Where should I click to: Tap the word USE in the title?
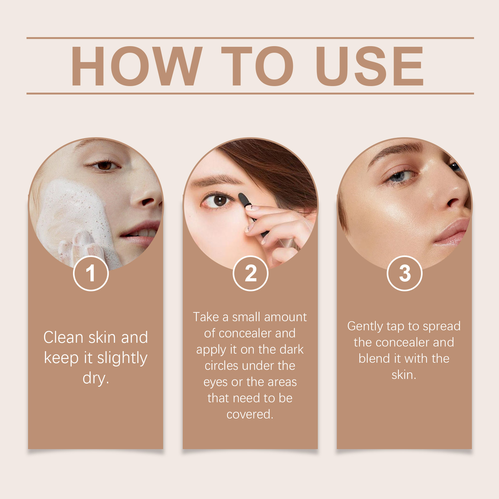pos(370,66)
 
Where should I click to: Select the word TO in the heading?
pos(257,66)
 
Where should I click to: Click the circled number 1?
pos(91,273)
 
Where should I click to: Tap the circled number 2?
pos(250,273)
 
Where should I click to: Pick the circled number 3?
pos(405,273)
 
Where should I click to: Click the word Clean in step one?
pos(63,337)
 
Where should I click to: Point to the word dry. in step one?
pos(96,378)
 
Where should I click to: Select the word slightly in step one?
pos(122,358)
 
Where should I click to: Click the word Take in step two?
pos(206,317)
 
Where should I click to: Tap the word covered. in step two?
pos(250,414)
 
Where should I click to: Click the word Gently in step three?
pos(365,326)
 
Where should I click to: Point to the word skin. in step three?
pos(404,375)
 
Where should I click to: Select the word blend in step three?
pos(374,359)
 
